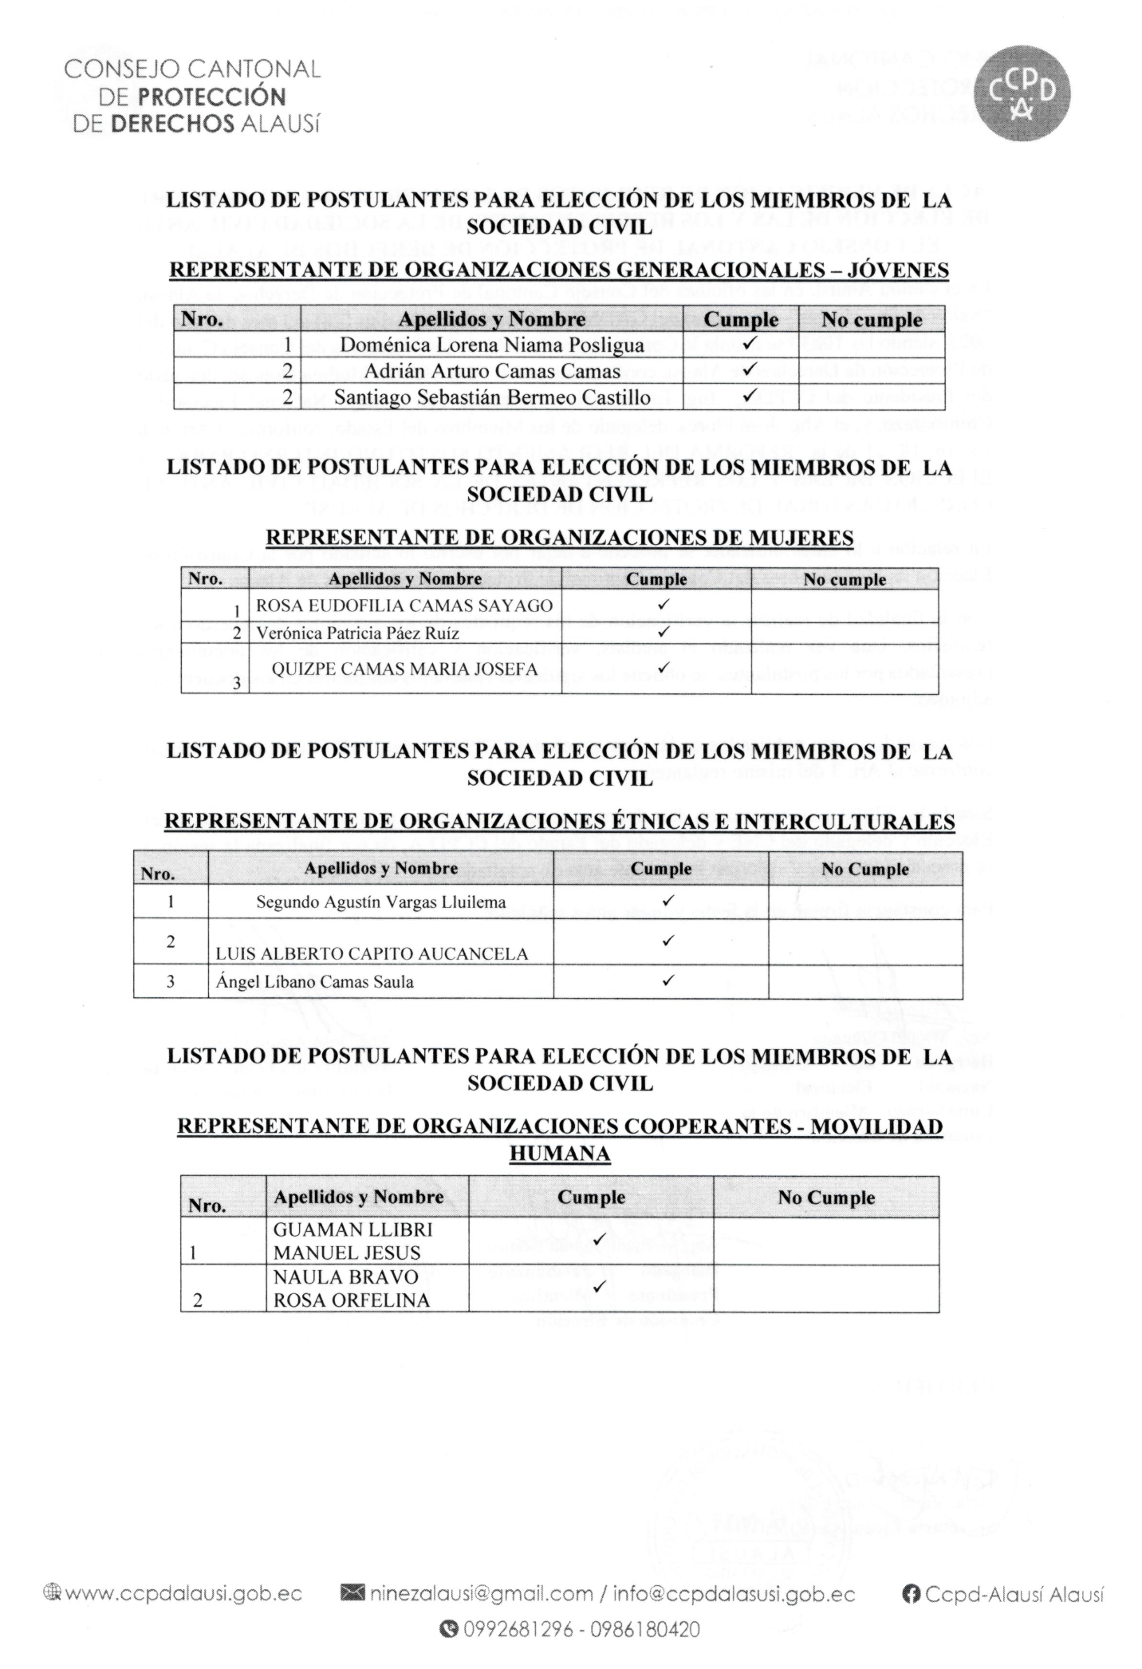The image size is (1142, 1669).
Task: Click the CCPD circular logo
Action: click(x=1023, y=94)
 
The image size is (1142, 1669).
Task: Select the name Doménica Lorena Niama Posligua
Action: click(x=491, y=345)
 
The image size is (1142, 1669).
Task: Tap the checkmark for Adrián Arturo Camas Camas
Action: click(x=748, y=370)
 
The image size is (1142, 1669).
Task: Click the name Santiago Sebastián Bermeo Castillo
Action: click(x=491, y=397)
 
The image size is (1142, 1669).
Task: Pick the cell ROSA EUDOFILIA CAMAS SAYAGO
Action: click(x=404, y=606)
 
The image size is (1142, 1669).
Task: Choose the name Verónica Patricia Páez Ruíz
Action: click(x=357, y=633)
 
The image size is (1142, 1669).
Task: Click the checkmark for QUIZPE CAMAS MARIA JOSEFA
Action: click(x=662, y=668)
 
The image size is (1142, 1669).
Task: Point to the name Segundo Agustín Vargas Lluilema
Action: click(x=380, y=902)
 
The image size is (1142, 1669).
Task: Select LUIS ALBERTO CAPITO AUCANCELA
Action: click(x=372, y=953)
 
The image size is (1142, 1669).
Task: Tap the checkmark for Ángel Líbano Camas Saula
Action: click(x=668, y=980)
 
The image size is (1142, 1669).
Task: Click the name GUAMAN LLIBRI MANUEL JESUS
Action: click(x=352, y=1241)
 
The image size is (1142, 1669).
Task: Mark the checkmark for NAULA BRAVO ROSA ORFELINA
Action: click(x=600, y=1284)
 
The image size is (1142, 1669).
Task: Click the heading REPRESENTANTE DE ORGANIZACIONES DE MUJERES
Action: click(x=559, y=538)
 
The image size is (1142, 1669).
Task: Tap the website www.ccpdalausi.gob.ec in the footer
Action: click(x=183, y=1594)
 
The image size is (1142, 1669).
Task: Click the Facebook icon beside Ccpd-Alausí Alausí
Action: click(x=911, y=1594)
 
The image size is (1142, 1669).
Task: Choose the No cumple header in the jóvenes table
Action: click(x=872, y=320)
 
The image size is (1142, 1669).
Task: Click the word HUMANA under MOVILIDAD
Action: click(x=559, y=1153)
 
